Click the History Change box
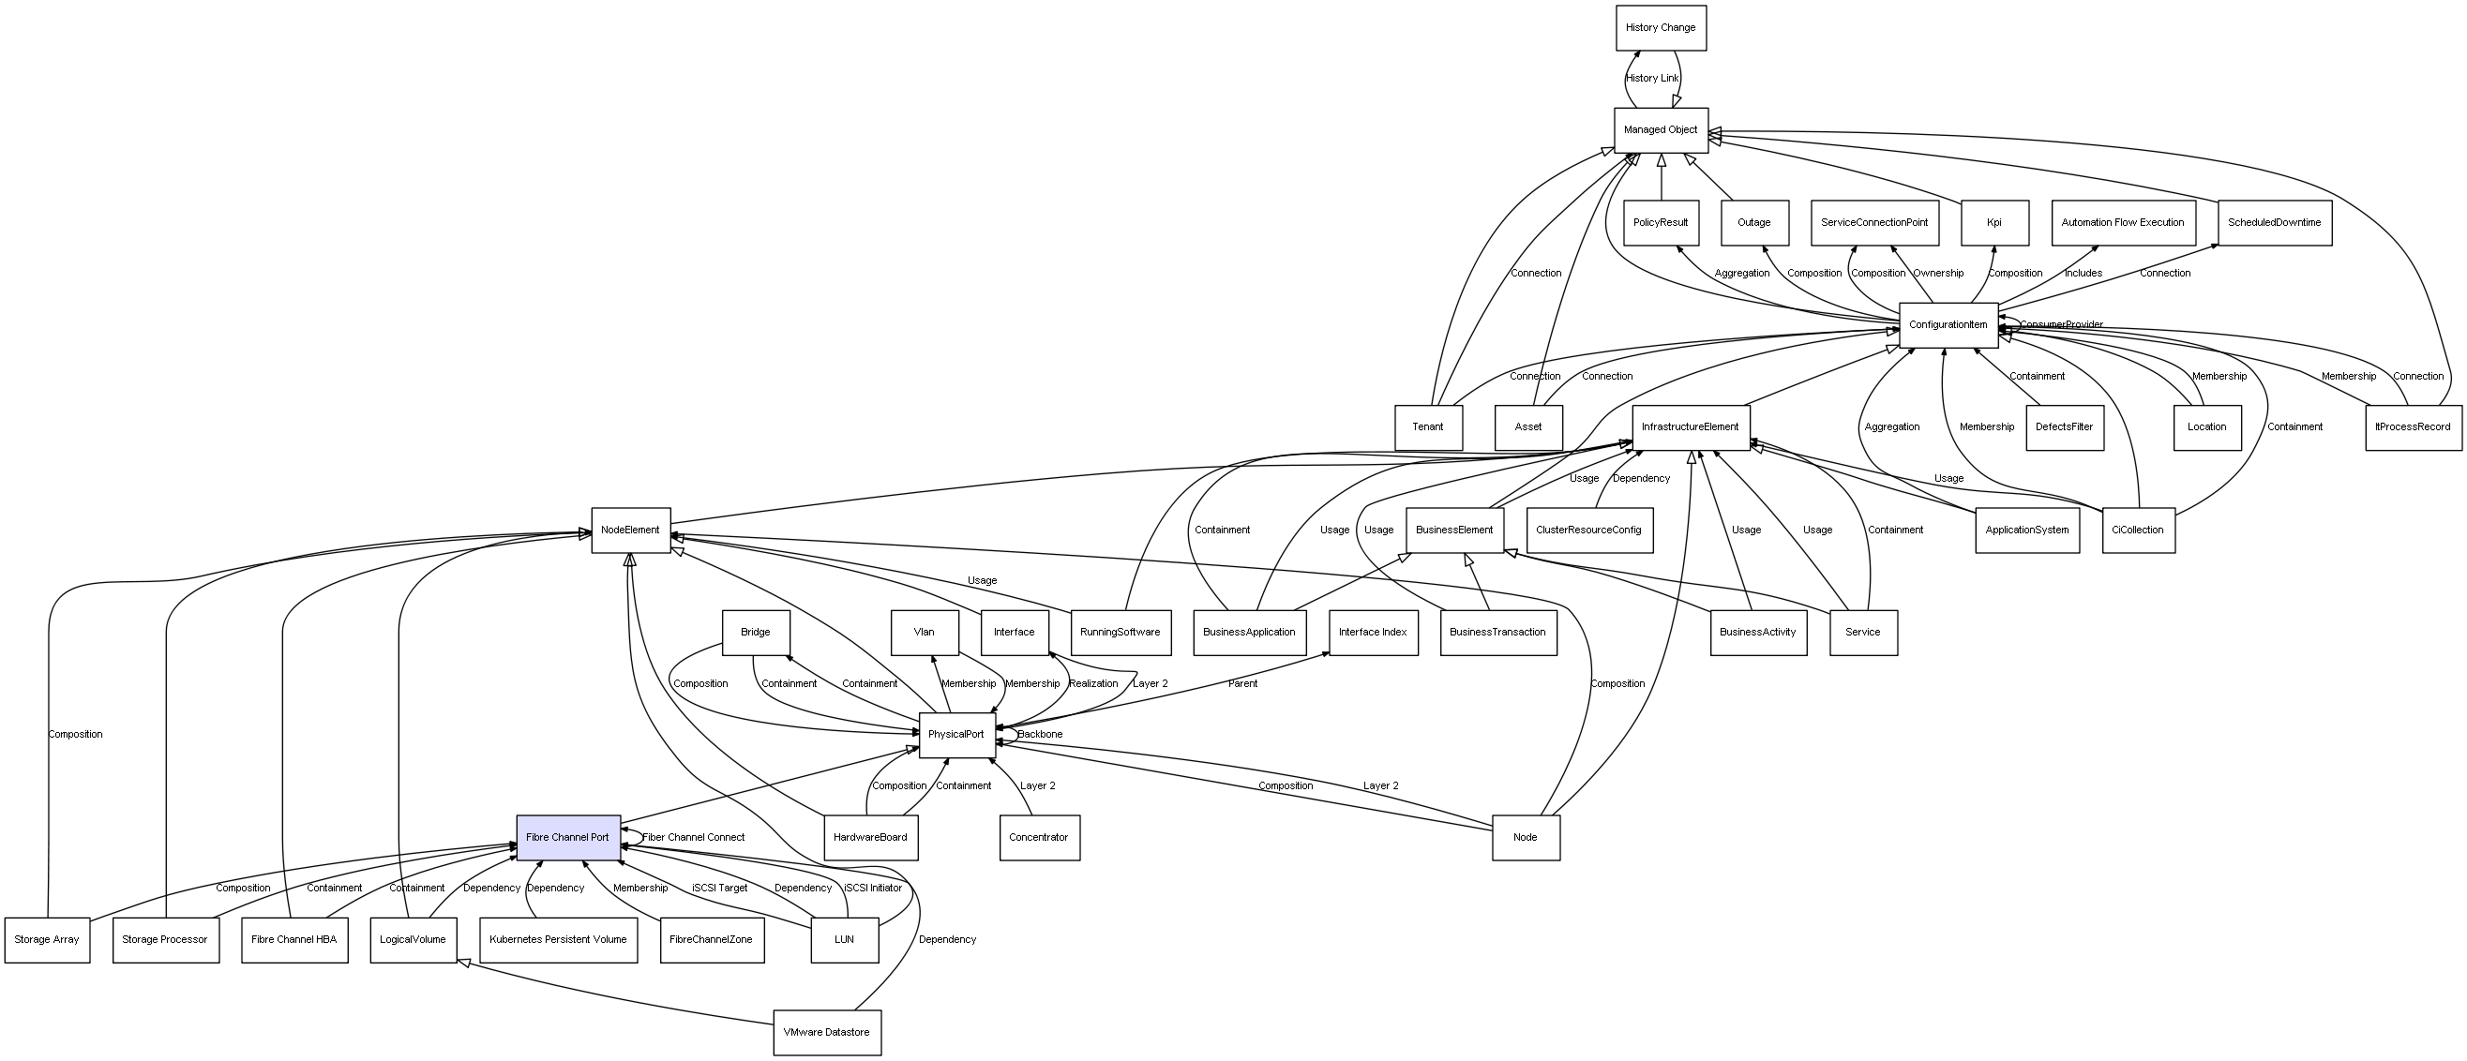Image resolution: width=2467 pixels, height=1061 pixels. point(1661,28)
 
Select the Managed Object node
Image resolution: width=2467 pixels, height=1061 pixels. point(1661,130)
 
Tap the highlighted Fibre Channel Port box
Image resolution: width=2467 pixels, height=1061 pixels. point(568,838)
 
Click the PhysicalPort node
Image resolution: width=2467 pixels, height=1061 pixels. point(956,736)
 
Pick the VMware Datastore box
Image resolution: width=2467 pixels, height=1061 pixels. point(826,1032)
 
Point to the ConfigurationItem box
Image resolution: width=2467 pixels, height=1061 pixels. point(1948,325)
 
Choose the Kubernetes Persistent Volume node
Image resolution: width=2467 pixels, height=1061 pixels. point(558,940)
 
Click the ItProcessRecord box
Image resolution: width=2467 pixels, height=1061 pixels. point(2413,427)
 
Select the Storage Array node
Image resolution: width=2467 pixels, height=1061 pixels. point(47,940)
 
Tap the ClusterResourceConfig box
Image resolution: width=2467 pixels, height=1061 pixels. point(1588,530)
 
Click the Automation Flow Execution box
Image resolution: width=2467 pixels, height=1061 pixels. point(2123,223)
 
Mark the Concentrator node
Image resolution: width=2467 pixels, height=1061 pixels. point(1039,838)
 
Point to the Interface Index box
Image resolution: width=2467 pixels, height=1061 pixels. point(1374,633)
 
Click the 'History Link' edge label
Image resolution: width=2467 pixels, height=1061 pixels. point(1652,79)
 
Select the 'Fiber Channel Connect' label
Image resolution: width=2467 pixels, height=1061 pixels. point(693,838)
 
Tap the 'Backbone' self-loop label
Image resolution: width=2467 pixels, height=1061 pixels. point(1040,736)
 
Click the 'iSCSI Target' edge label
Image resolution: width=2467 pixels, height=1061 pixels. point(720,889)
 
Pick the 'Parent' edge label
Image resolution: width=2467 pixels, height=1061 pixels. point(1243,684)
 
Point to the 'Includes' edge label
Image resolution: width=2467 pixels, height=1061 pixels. point(2083,274)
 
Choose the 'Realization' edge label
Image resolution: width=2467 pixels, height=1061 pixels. point(1093,684)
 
